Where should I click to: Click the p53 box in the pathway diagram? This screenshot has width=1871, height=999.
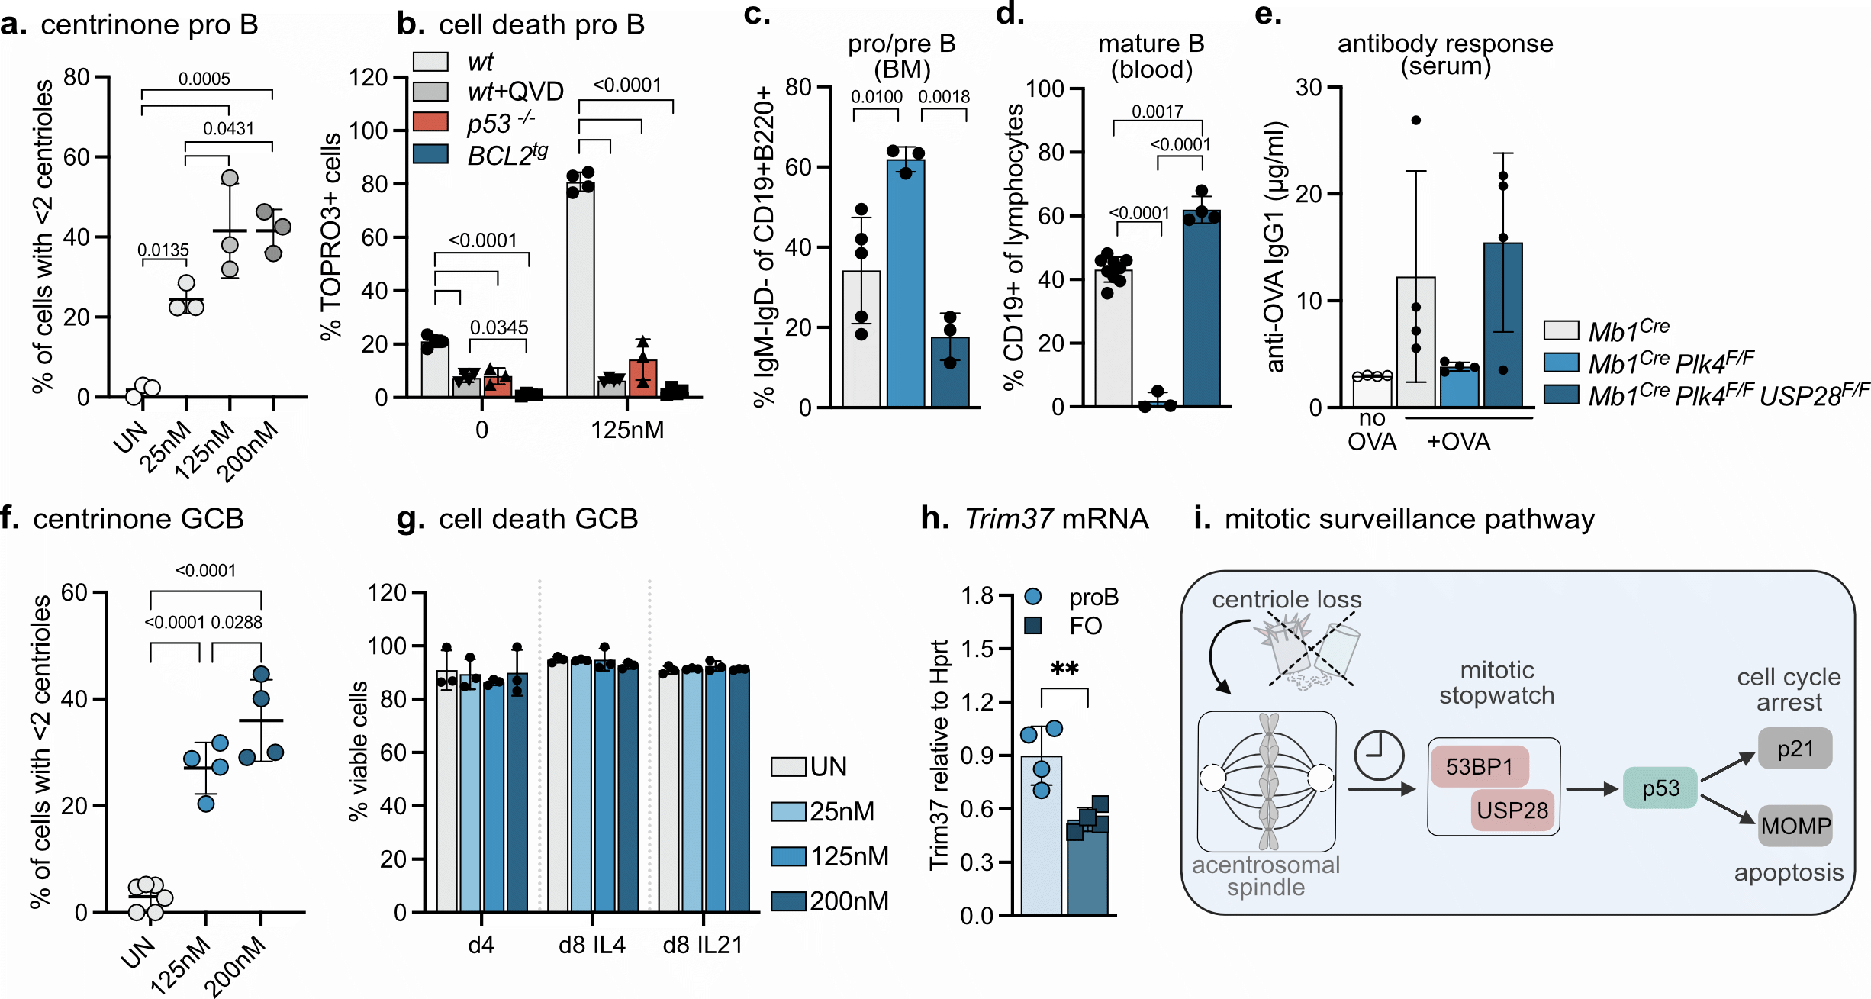coord(1660,788)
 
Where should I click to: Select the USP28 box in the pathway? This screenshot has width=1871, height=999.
coord(1512,810)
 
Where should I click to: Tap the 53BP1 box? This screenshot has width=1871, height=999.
coord(1480,766)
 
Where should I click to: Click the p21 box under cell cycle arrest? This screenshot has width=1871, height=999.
coord(1795,749)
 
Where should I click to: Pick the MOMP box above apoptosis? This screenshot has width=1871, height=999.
coord(1795,826)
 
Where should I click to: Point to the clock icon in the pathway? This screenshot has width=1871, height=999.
coord(1378,755)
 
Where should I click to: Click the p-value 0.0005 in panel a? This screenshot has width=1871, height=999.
coord(204,79)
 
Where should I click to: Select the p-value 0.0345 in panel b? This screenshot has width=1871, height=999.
coord(499,327)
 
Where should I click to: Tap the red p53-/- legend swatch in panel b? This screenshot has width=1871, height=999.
coord(430,121)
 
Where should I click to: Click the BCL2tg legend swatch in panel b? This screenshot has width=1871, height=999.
coord(430,153)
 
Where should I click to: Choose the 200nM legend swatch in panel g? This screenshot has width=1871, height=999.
coord(788,901)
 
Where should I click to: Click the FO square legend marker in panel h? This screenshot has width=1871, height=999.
coord(1033,626)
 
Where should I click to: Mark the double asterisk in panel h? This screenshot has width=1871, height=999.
coord(1064,669)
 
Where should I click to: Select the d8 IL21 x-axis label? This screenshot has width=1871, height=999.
coord(703,945)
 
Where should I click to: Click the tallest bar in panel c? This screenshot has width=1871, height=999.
coord(906,282)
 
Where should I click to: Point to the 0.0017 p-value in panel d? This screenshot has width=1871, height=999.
coord(1157,111)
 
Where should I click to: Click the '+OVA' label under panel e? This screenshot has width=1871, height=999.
coord(1458,442)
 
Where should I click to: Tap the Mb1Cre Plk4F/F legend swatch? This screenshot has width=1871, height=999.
coord(1560,362)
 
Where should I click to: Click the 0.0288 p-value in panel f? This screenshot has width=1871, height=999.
coord(237,623)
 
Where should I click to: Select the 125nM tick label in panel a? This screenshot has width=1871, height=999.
coord(204,450)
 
